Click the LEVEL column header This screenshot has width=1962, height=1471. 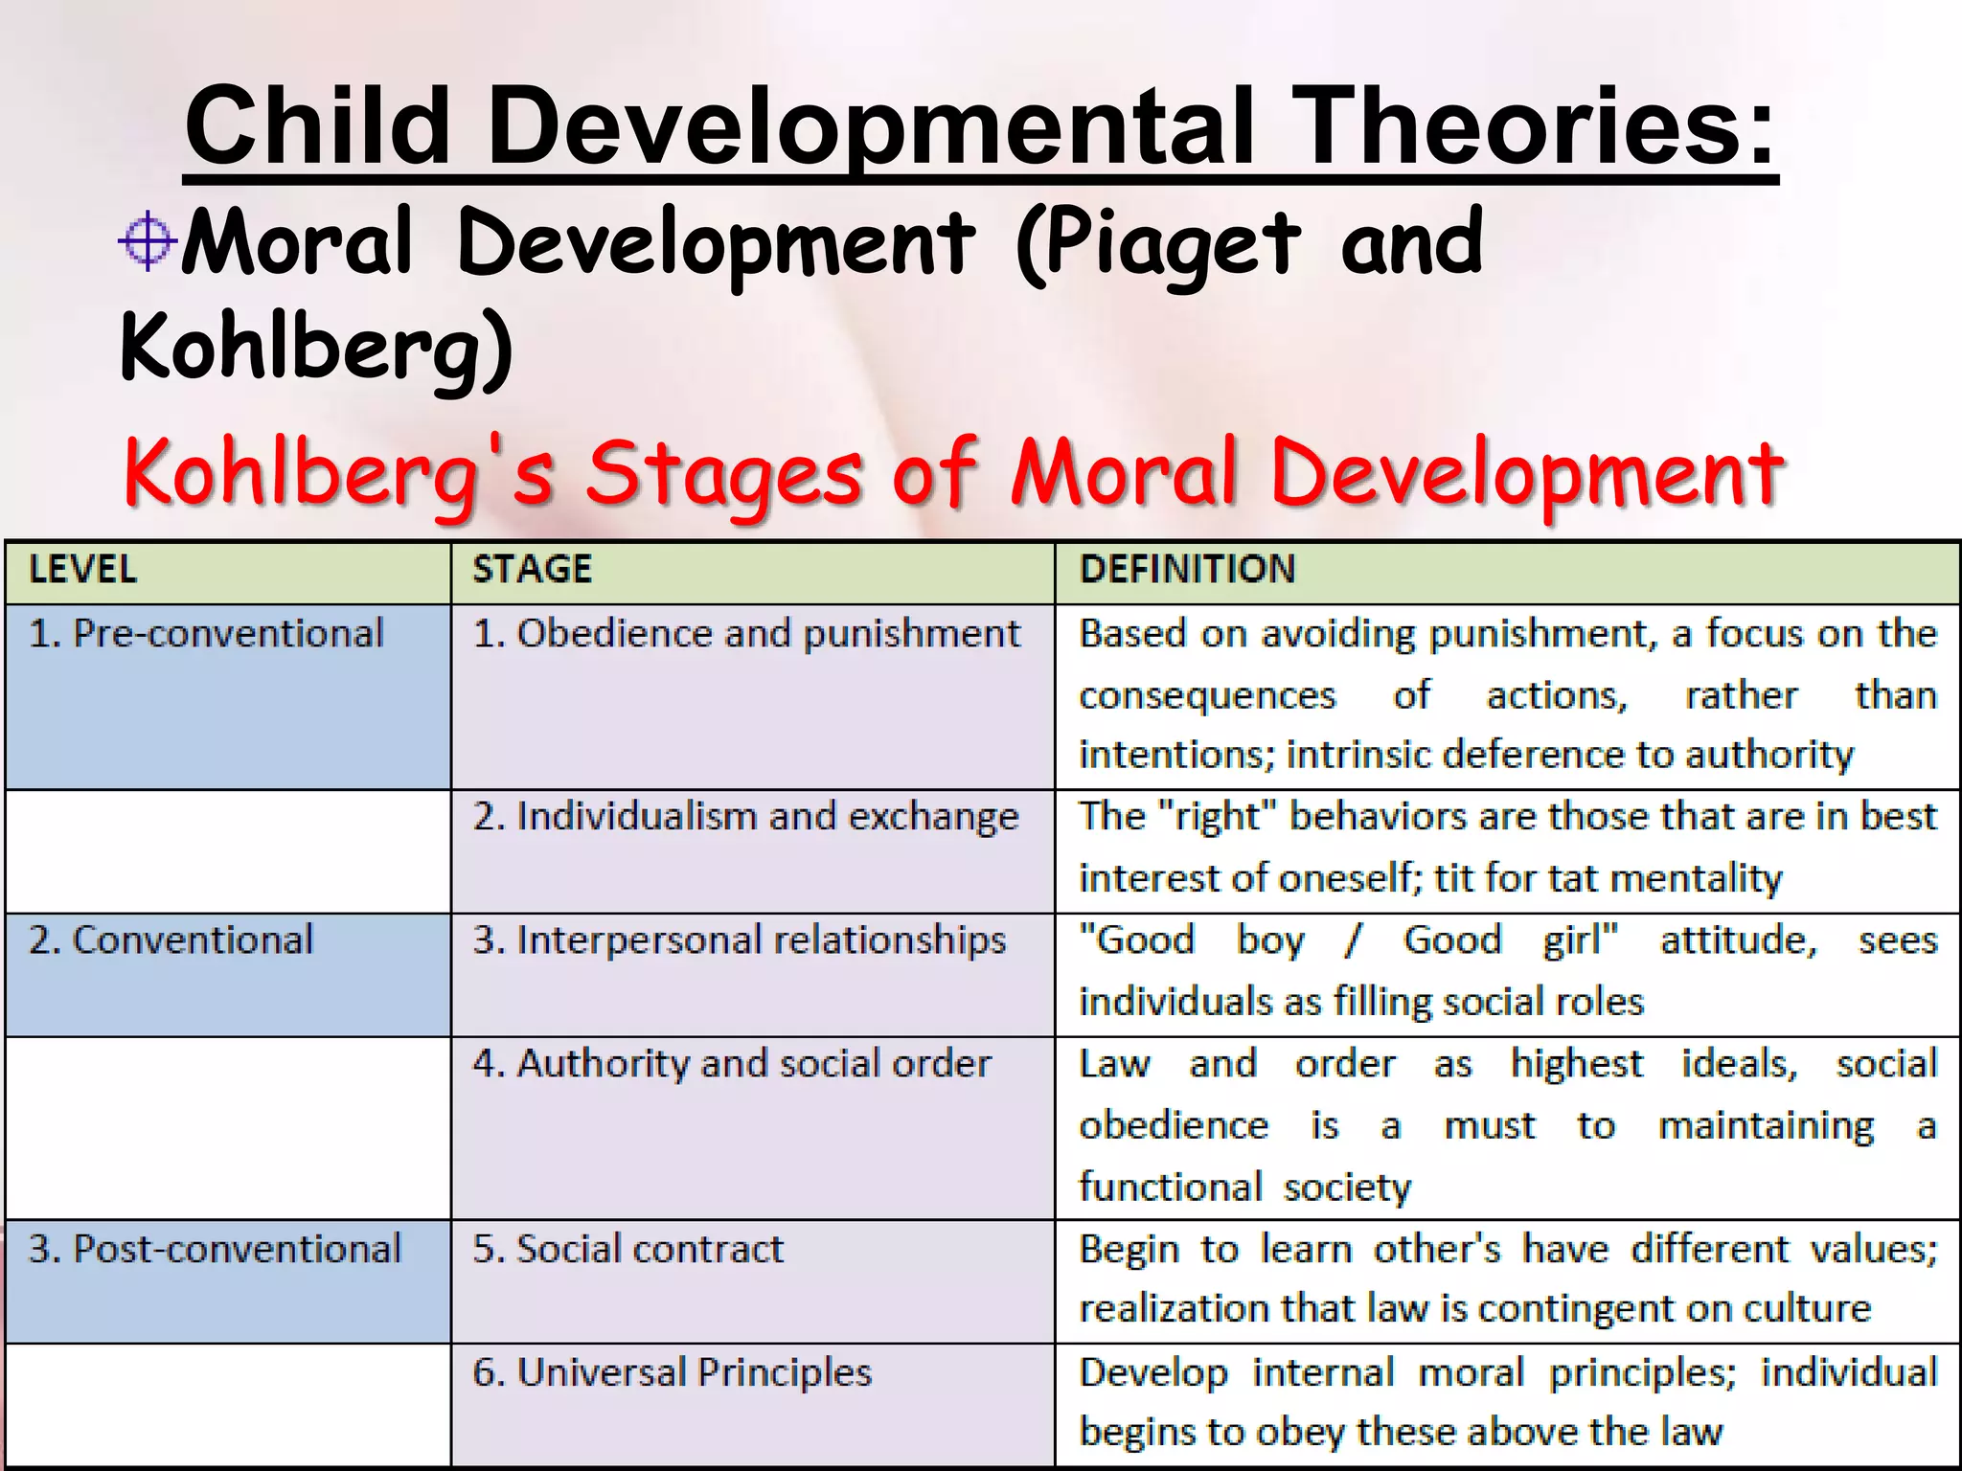(82, 570)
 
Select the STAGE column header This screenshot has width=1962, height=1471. (532, 570)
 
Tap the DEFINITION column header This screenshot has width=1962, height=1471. (1187, 570)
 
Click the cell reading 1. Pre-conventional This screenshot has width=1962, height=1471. (206, 634)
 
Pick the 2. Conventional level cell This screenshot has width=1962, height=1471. (171, 940)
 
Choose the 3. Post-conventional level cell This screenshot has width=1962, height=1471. (215, 1250)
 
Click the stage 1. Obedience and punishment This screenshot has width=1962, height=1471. (746, 634)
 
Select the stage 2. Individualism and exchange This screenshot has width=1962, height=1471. (745, 817)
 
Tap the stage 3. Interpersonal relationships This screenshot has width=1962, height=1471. (739, 940)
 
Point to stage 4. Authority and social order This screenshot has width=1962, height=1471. (731, 1064)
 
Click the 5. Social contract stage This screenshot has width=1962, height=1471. (627, 1250)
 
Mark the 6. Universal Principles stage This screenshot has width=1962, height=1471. (672, 1373)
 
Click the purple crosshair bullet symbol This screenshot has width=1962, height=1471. (147, 240)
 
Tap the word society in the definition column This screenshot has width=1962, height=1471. (1347, 1188)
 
